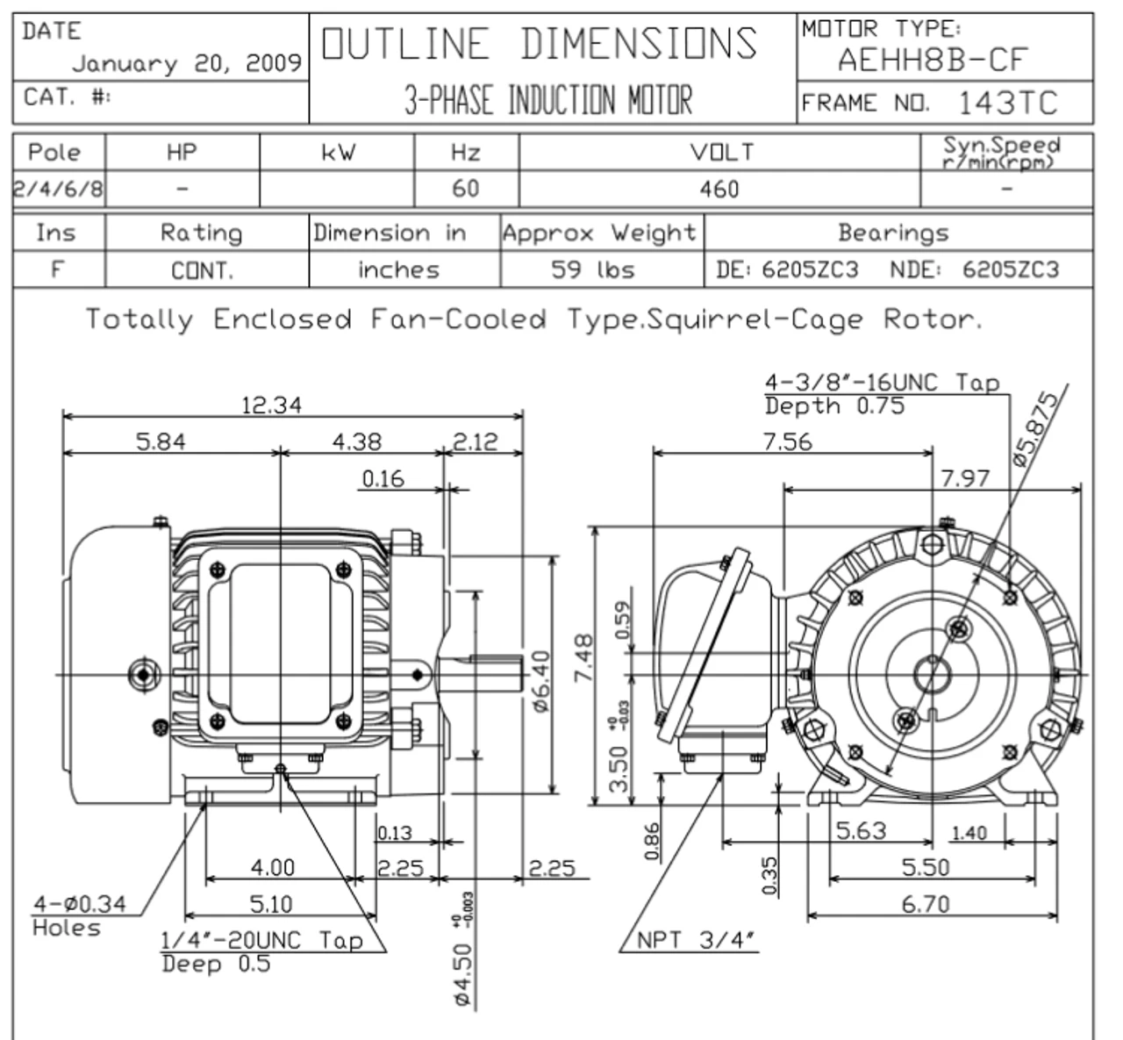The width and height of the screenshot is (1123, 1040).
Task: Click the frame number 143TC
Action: (x=1007, y=104)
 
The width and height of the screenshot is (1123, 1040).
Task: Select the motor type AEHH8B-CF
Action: (x=931, y=61)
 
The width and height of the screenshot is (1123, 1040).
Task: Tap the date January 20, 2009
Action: (x=187, y=64)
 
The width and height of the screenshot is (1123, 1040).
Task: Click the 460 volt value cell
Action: (x=719, y=189)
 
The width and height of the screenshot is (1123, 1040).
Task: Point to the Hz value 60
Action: (x=465, y=189)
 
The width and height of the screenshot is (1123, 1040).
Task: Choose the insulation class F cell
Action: (x=58, y=269)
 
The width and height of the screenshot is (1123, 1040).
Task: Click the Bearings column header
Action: (x=893, y=233)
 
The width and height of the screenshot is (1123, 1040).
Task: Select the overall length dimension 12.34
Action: (x=271, y=405)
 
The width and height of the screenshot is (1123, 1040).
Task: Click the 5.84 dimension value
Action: (x=161, y=441)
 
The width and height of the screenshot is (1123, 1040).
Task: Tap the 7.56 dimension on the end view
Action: (x=787, y=441)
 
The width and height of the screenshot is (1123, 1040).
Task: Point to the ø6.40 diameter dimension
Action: (x=540, y=683)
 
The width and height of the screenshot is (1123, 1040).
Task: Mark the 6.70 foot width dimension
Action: (x=926, y=904)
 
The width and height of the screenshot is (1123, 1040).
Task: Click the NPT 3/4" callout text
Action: (x=696, y=940)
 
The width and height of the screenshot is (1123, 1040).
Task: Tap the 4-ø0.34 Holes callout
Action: (x=79, y=914)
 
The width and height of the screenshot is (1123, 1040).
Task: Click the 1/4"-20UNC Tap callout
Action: (x=262, y=941)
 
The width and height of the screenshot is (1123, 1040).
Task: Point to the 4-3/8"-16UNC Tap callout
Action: (x=882, y=384)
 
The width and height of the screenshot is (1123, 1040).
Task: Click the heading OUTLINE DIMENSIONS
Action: (x=540, y=44)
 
